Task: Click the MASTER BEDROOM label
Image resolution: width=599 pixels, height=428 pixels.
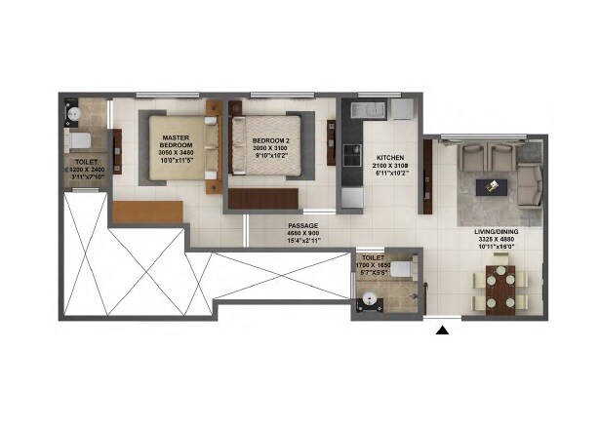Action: pos(176,143)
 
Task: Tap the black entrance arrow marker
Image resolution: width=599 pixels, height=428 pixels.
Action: pos(442,331)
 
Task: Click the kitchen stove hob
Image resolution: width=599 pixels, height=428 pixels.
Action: pos(352,155)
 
